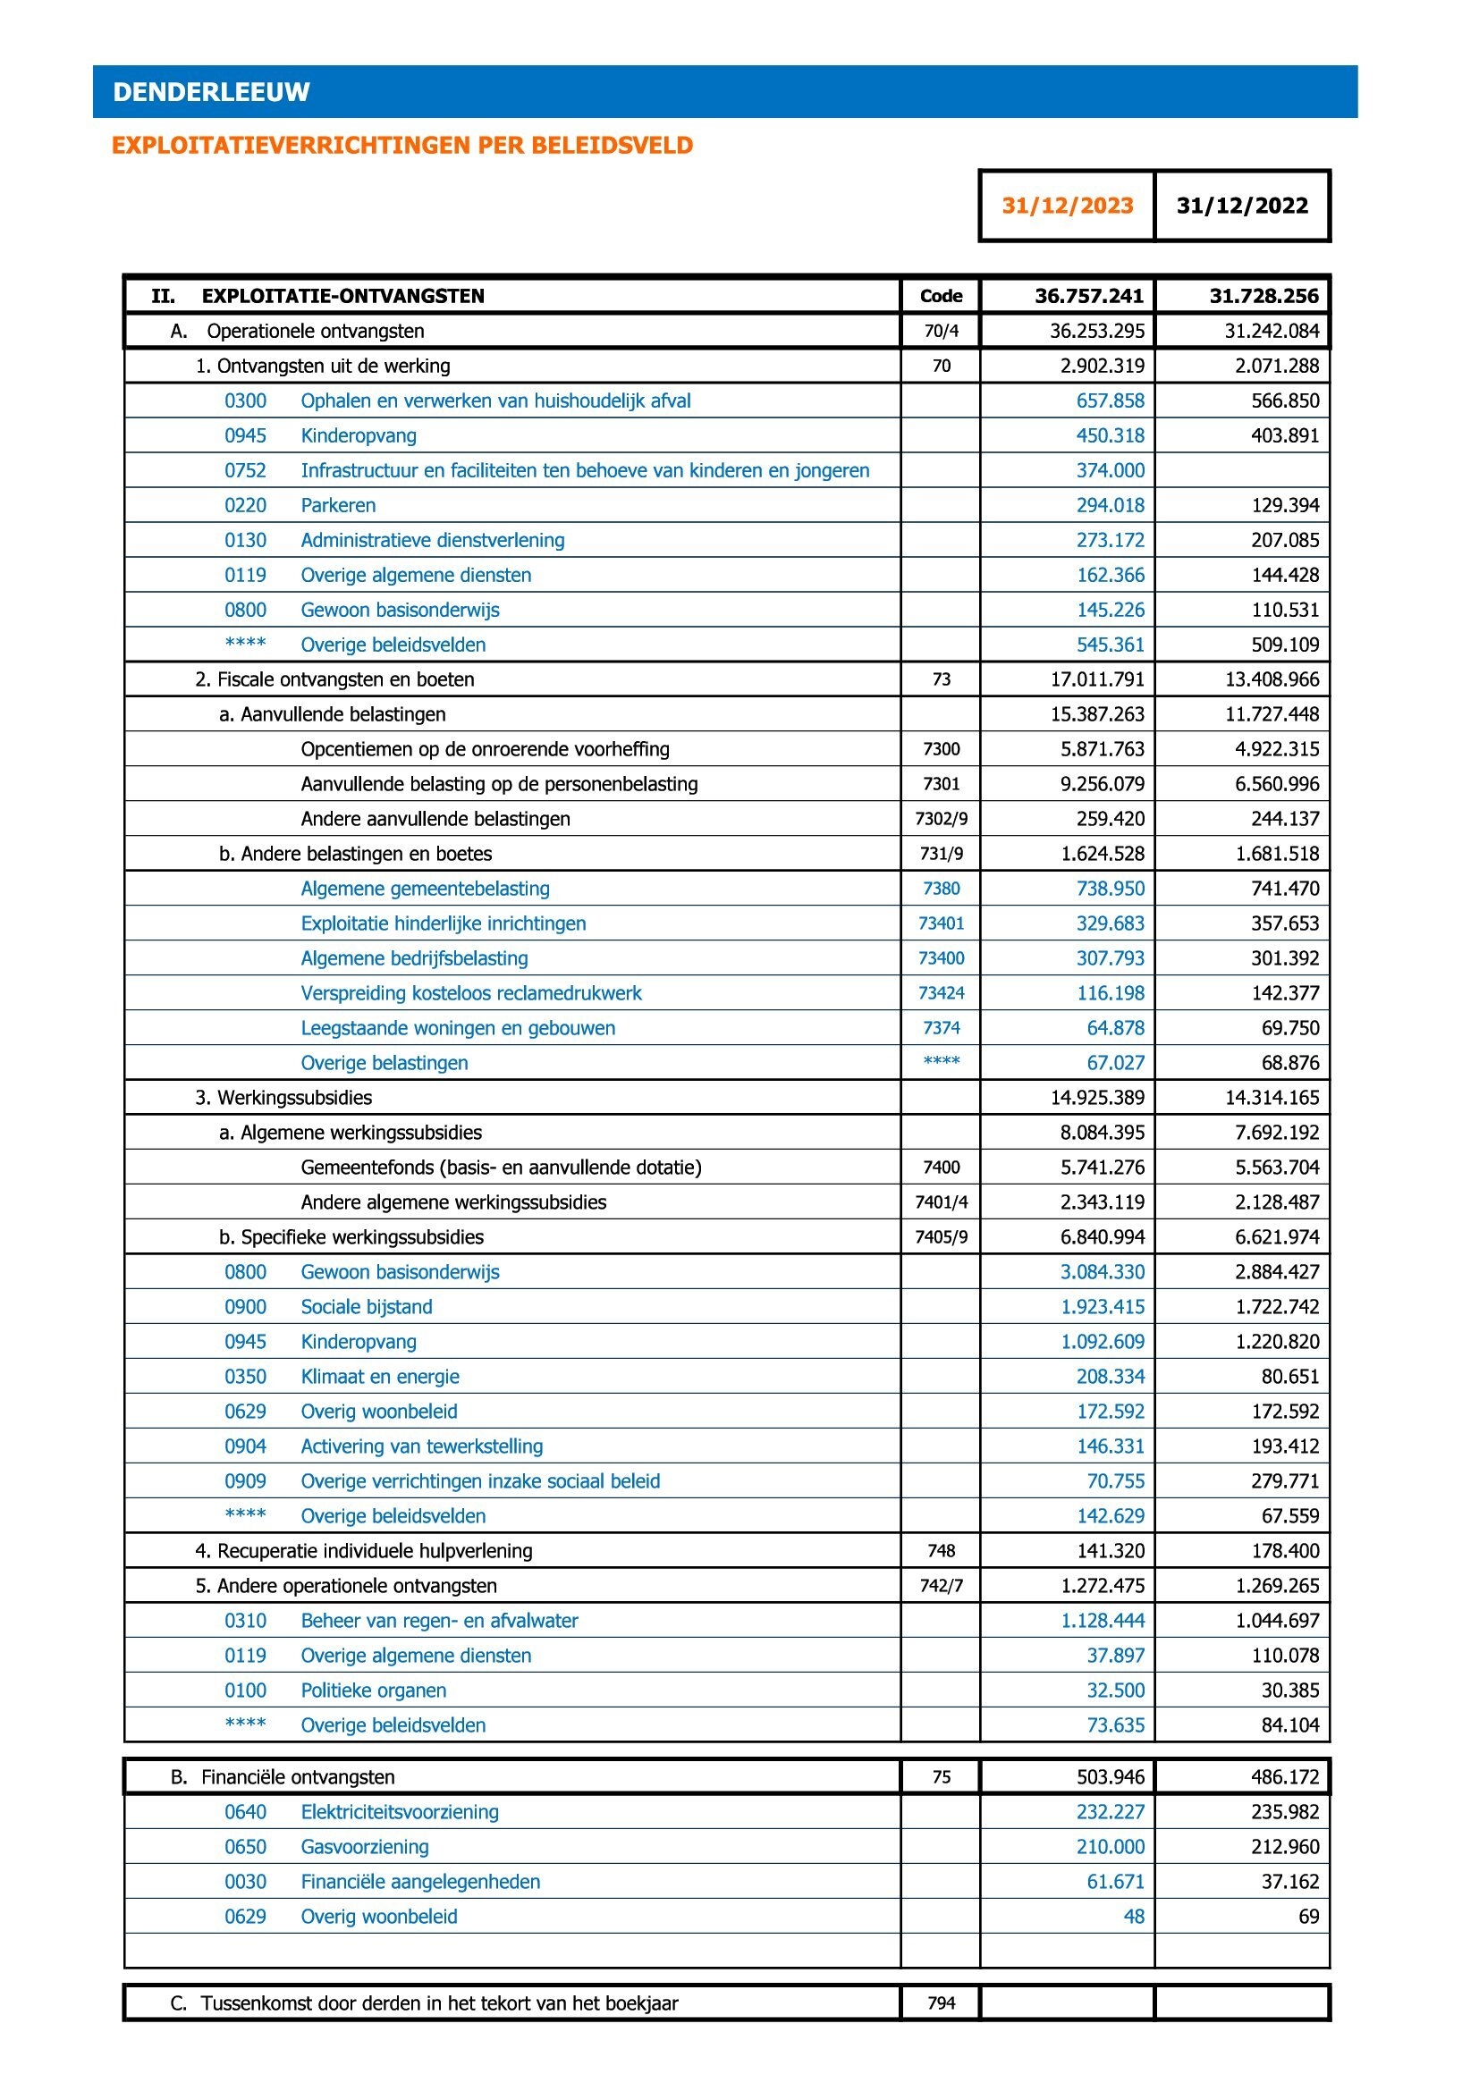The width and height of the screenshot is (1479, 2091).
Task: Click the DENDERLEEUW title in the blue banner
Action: pos(211,92)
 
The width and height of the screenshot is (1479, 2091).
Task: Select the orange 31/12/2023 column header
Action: pos(1068,206)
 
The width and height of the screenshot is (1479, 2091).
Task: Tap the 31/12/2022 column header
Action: pos(1242,206)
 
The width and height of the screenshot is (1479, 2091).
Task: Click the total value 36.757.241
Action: pos(1089,296)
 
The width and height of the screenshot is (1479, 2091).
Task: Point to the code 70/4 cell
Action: pos(941,331)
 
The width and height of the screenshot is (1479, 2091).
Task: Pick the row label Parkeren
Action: pos(338,505)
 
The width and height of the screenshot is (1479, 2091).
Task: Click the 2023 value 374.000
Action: pos(1111,471)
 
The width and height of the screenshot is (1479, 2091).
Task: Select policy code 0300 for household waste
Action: pos(245,400)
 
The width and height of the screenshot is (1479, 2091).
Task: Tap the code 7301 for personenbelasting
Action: pos(941,784)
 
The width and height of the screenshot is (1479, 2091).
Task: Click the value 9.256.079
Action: pos(1102,784)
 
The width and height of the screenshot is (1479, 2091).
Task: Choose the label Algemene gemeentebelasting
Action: pos(426,889)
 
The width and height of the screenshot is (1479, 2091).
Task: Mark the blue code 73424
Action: pos(941,992)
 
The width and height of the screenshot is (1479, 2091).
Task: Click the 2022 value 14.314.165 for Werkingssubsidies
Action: pos(1272,1098)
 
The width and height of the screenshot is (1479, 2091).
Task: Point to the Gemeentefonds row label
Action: pos(501,1168)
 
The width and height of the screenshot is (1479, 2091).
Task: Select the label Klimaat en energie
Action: pos(380,1376)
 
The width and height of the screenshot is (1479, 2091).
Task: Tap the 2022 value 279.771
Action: pos(1284,1480)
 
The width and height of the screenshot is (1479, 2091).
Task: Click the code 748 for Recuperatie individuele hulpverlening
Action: pos(941,1551)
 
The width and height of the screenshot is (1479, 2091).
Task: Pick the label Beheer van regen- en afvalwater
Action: pos(439,1620)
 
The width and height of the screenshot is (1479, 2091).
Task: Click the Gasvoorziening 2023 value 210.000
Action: pos(1111,1847)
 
